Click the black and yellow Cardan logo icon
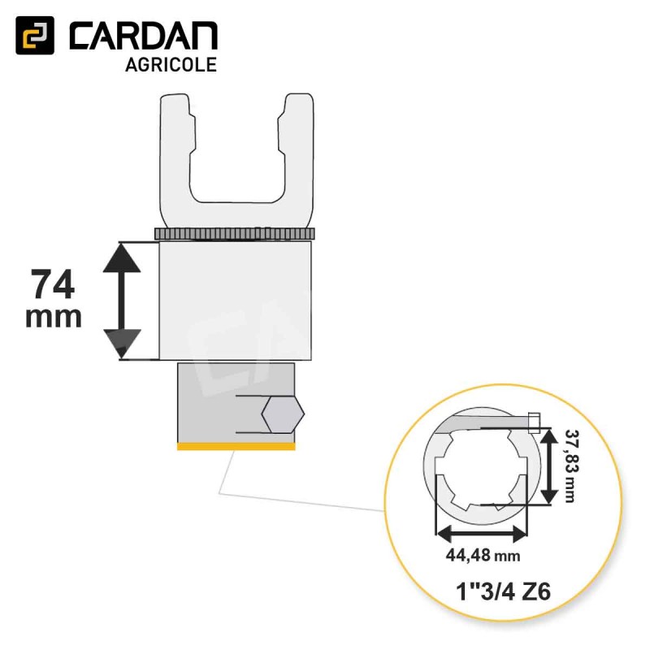[35, 35]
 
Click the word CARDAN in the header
[144, 37]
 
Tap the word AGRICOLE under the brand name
[171, 65]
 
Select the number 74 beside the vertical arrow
[53, 284]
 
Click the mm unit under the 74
[54, 318]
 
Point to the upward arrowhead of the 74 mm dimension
[122, 258]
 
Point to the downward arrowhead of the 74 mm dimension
[122, 344]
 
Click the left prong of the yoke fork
[176, 154]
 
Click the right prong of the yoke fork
[297, 154]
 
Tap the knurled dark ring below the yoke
[235, 233]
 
